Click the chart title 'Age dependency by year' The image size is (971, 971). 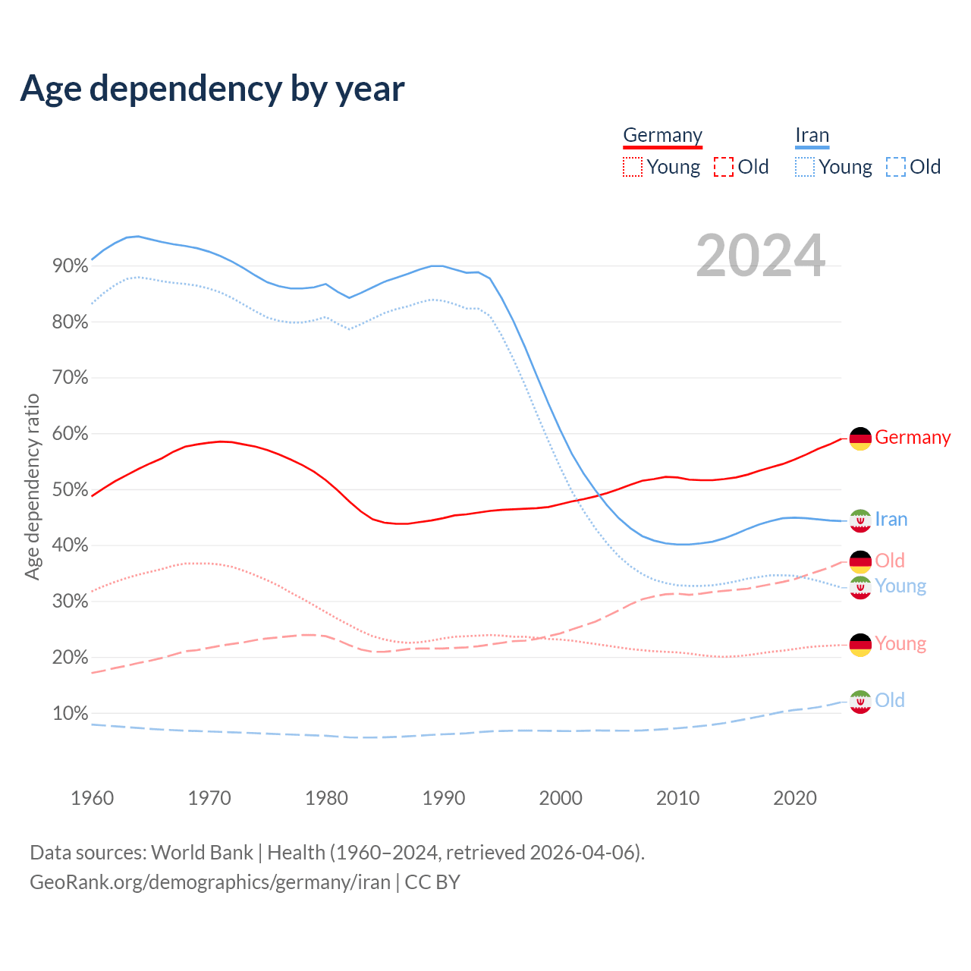(212, 89)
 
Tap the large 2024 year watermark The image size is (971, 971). (760, 256)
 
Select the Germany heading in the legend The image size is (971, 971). (662, 135)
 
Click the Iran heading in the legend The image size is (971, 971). (812, 135)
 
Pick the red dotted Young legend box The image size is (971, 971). (632, 167)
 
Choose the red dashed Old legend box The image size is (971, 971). (724, 167)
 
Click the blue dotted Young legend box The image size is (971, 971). (805, 167)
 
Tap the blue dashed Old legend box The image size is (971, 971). (896, 167)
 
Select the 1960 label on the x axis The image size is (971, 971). (92, 798)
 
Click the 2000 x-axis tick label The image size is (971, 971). (561, 798)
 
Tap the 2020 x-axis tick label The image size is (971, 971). (794, 798)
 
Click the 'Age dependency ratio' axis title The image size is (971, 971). (32, 486)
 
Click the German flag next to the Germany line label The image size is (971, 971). (860, 438)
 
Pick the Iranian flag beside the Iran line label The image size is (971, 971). (860, 520)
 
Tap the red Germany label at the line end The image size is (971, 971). (913, 438)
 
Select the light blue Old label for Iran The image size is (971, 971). (890, 700)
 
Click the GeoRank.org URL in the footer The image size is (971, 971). (210, 882)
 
